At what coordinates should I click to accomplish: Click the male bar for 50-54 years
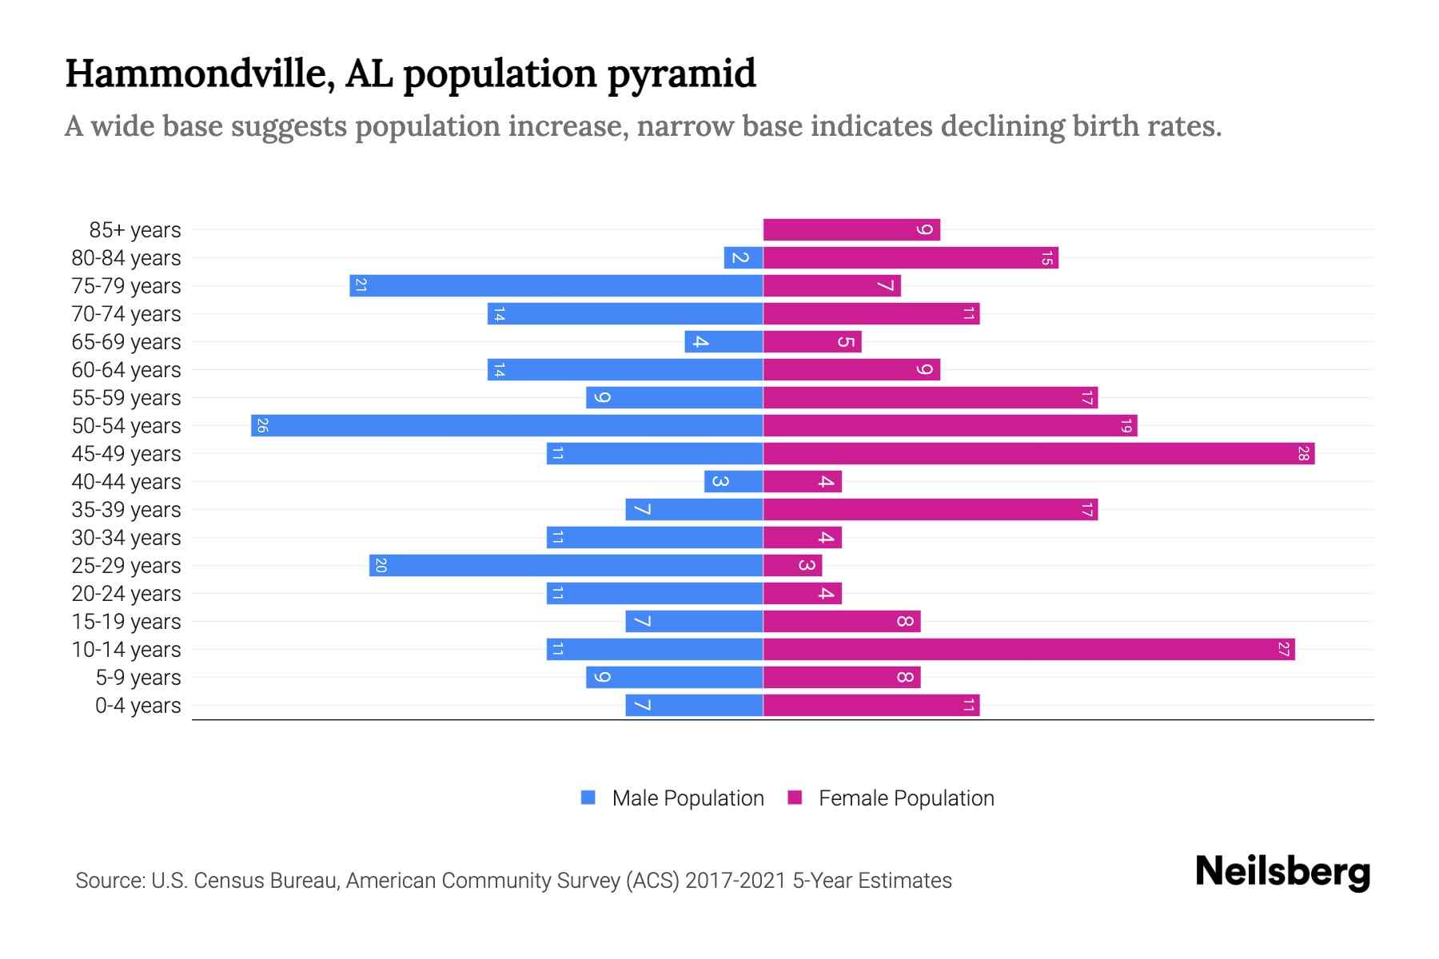tap(507, 425)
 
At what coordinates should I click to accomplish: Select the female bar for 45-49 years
tap(1038, 453)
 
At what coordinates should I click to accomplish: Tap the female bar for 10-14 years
tap(1029, 649)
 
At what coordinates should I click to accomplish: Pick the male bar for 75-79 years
tap(556, 285)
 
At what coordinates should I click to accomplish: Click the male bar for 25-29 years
tap(566, 565)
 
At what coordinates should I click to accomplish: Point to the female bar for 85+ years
tap(851, 229)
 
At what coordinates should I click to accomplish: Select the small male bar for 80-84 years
tap(743, 257)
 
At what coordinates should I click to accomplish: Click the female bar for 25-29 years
tap(792, 565)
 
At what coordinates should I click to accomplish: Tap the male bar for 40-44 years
tap(733, 481)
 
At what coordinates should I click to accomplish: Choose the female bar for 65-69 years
tap(812, 341)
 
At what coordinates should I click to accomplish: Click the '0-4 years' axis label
tap(138, 706)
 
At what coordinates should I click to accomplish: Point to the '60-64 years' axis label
tap(126, 370)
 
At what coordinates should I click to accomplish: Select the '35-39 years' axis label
tap(126, 510)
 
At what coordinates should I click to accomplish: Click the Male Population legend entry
tap(672, 798)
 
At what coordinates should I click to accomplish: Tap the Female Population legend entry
tap(891, 798)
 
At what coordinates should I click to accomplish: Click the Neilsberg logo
tap(1282, 871)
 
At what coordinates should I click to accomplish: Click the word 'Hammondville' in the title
tap(200, 74)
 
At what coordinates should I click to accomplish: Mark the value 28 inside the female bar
tap(1303, 453)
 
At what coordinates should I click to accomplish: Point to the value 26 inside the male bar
tap(262, 425)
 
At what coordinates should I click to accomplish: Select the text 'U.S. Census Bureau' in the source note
tap(245, 881)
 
